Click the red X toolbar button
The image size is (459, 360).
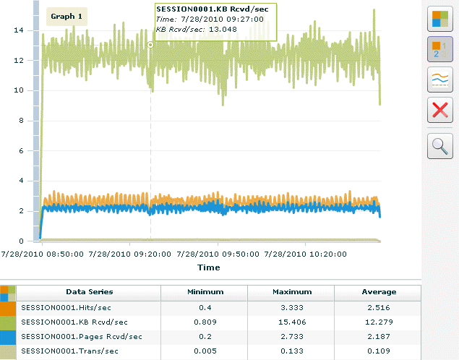439,111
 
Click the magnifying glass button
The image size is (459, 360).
439,145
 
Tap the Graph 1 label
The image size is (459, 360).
67,17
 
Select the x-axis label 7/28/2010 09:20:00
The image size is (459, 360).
130,254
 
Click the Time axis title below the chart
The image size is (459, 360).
209,267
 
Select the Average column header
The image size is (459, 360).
379,292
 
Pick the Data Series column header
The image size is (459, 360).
89,292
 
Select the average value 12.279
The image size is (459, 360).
379,322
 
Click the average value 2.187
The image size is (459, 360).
379,337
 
